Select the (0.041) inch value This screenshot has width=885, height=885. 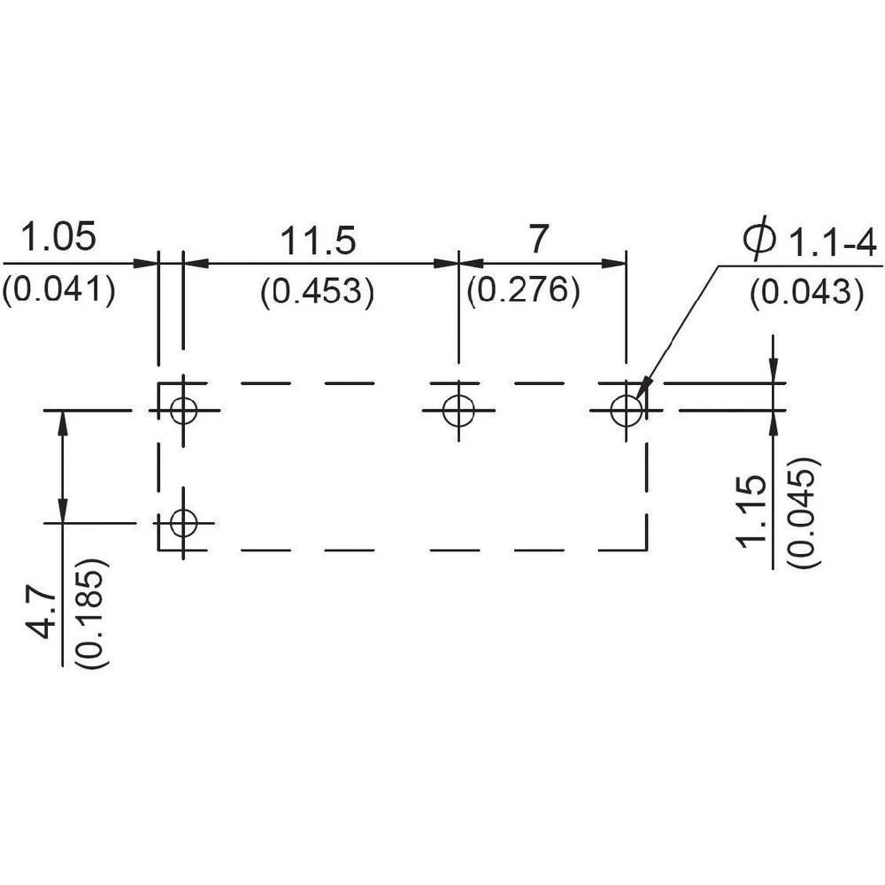(58, 290)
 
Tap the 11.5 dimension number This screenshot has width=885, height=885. (318, 240)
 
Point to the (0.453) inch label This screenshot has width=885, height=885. (317, 292)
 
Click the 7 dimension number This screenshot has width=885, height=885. (538, 239)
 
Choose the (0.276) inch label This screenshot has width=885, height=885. (524, 290)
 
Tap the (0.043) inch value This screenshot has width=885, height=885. (806, 292)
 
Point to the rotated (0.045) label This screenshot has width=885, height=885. (804, 513)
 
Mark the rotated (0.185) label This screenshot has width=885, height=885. (93, 613)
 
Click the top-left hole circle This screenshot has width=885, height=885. (183, 411)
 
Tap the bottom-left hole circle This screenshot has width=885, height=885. (183, 522)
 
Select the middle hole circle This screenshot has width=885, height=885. (458, 411)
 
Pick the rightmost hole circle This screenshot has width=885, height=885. (627, 411)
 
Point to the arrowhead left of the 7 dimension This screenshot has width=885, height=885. (470, 263)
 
